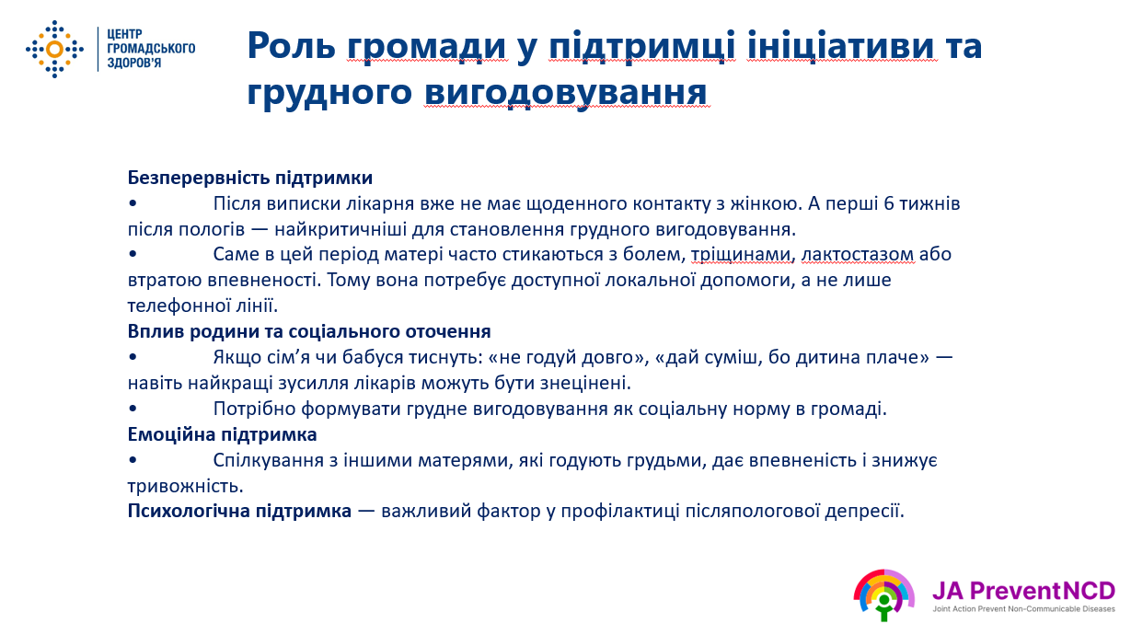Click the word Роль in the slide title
pyautogui.click(x=292, y=45)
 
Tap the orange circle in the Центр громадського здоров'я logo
pyautogui.click(x=54, y=50)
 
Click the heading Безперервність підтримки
pyautogui.click(x=250, y=178)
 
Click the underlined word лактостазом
pyautogui.click(x=858, y=254)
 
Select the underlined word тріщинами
pyautogui.click(x=740, y=255)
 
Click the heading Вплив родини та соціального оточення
pyautogui.click(x=309, y=331)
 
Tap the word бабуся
pyautogui.click(x=373, y=357)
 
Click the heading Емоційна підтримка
pyautogui.click(x=222, y=434)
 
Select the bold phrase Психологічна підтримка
pyautogui.click(x=239, y=512)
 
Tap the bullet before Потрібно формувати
pyautogui.click(x=133, y=408)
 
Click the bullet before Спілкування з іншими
pyautogui.click(x=133, y=459)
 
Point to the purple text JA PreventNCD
pyautogui.click(x=1023, y=591)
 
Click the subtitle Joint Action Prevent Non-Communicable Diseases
pyautogui.click(x=1023, y=609)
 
